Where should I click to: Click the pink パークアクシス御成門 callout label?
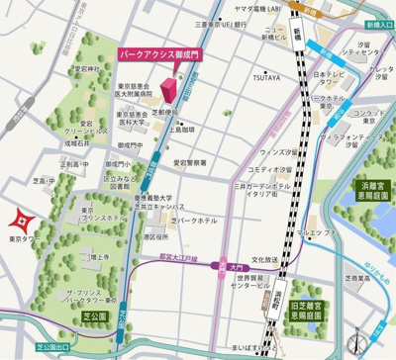159,55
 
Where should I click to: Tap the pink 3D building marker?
169,90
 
